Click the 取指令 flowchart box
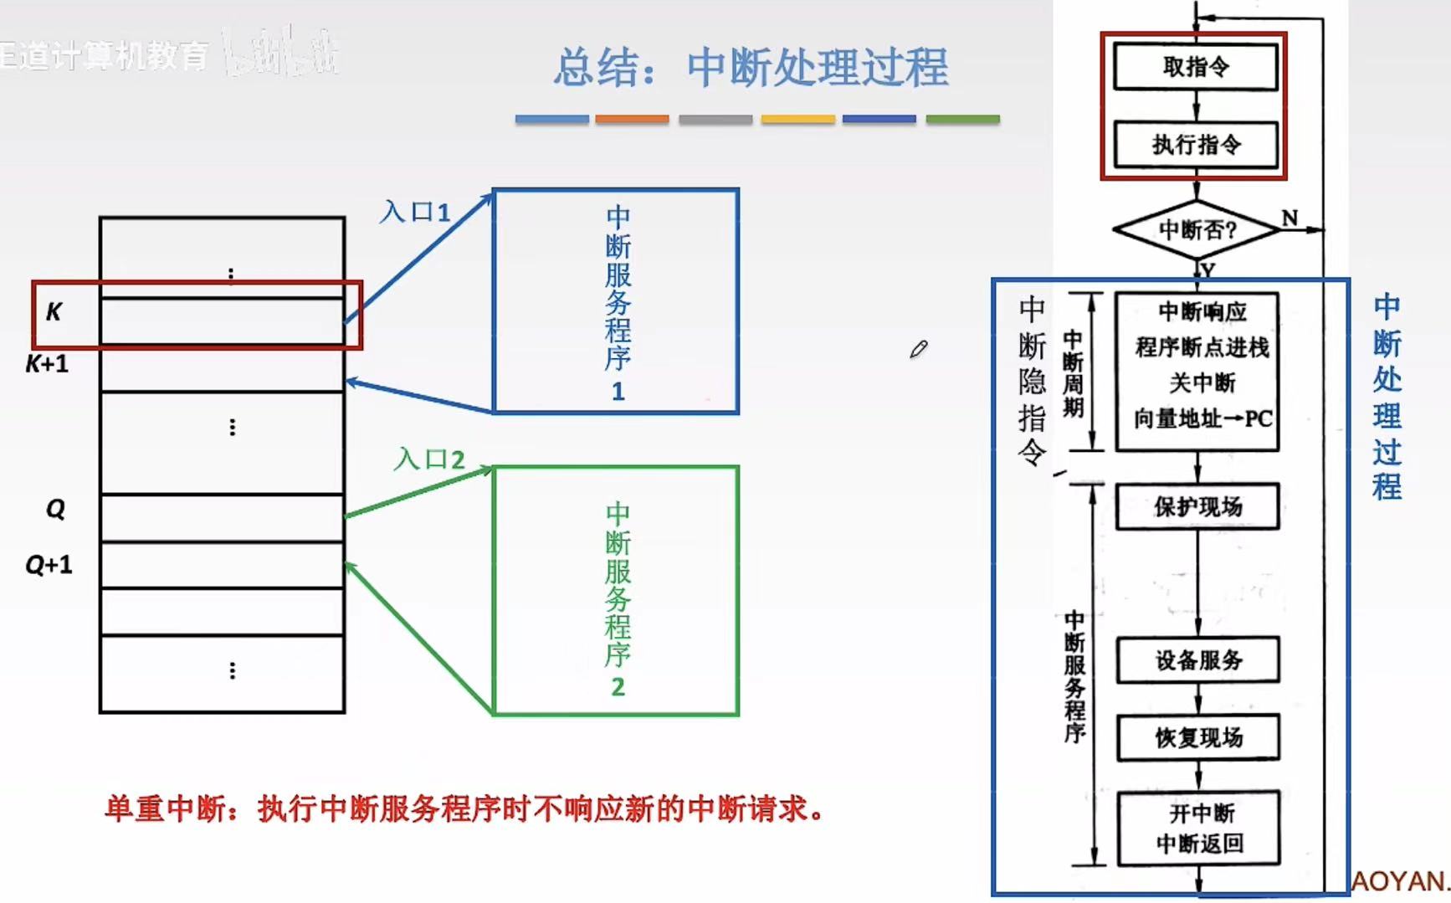pyautogui.click(x=1196, y=67)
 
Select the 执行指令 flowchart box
pyautogui.click(x=1196, y=145)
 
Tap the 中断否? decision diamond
pyautogui.click(x=1197, y=229)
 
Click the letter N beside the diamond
pyautogui.click(x=1289, y=218)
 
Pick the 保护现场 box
pyautogui.click(x=1197, y=506)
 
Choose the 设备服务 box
pyautogui.click(x=1198, y=660)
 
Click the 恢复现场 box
pyautogui.click(x=1198, y=737)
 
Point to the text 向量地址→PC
pyautogui.click(x=1202, y=418)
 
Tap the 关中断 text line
pyautogui.click(x=1202, y=383)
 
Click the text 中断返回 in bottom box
pyautogui.click(x=1200, y=844)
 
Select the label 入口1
pyautogui.click(x=415, y=212)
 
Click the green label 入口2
pyautogui.click(x=429, y=459)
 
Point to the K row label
pyautogui.click(x=54, y=312)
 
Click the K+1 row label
pyautogui.click(x=47, y=364)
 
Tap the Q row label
pyautogui.click(x=55, y=509)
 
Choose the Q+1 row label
pyautogui.click(x=49, y=565)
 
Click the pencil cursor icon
pyautogui.click(x=919, y=349)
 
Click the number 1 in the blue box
pyautogui.click(x=618, y=392)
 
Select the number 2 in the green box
pyautogui.click(x=618, y=687)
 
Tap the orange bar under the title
pyautogui.click(x=632, y=120)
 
